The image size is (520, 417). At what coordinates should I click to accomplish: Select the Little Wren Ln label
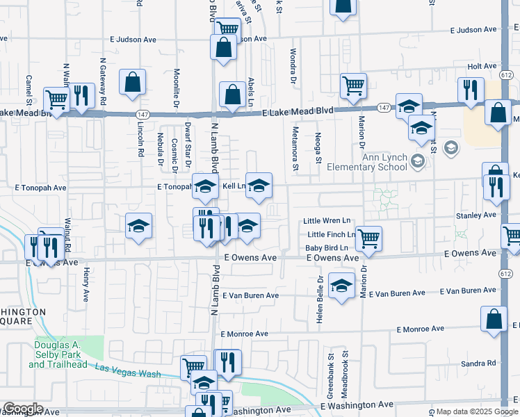(x=327, y=221)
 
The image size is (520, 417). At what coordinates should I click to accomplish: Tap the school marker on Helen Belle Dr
(x=341, y=286)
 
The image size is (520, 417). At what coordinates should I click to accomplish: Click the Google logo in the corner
(x=22, y=409)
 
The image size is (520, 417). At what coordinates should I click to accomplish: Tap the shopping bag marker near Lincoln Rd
(x=132, y=83)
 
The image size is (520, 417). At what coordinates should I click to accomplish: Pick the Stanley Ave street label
(x=476, y=215)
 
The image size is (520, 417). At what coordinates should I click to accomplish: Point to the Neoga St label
(x=318, y=148)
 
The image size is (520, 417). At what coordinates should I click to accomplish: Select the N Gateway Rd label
(x=103, y=81)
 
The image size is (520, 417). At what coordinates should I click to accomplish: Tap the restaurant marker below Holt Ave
(x=471, y=90)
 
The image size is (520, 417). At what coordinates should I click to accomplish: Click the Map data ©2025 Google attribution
(x=477, y=411)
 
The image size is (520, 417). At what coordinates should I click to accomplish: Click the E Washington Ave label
(x=357, y=404)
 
